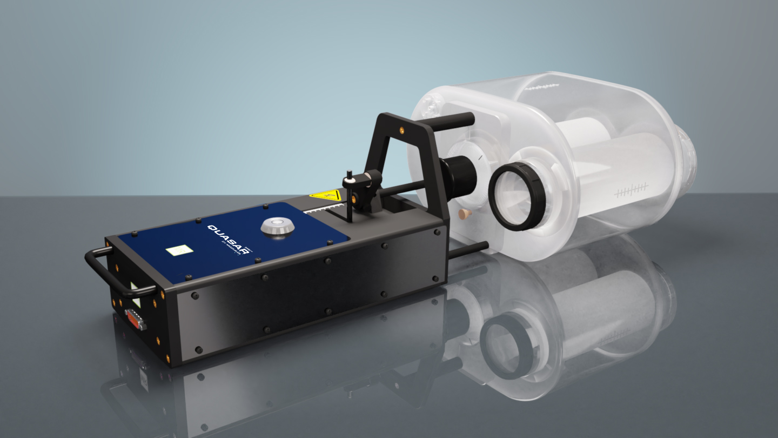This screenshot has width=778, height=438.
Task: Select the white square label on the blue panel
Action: [x=179, y=250]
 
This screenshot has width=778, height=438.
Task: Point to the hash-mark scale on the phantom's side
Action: [x=631, y=190]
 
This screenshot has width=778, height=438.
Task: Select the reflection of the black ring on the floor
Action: [x=505, y=346]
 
